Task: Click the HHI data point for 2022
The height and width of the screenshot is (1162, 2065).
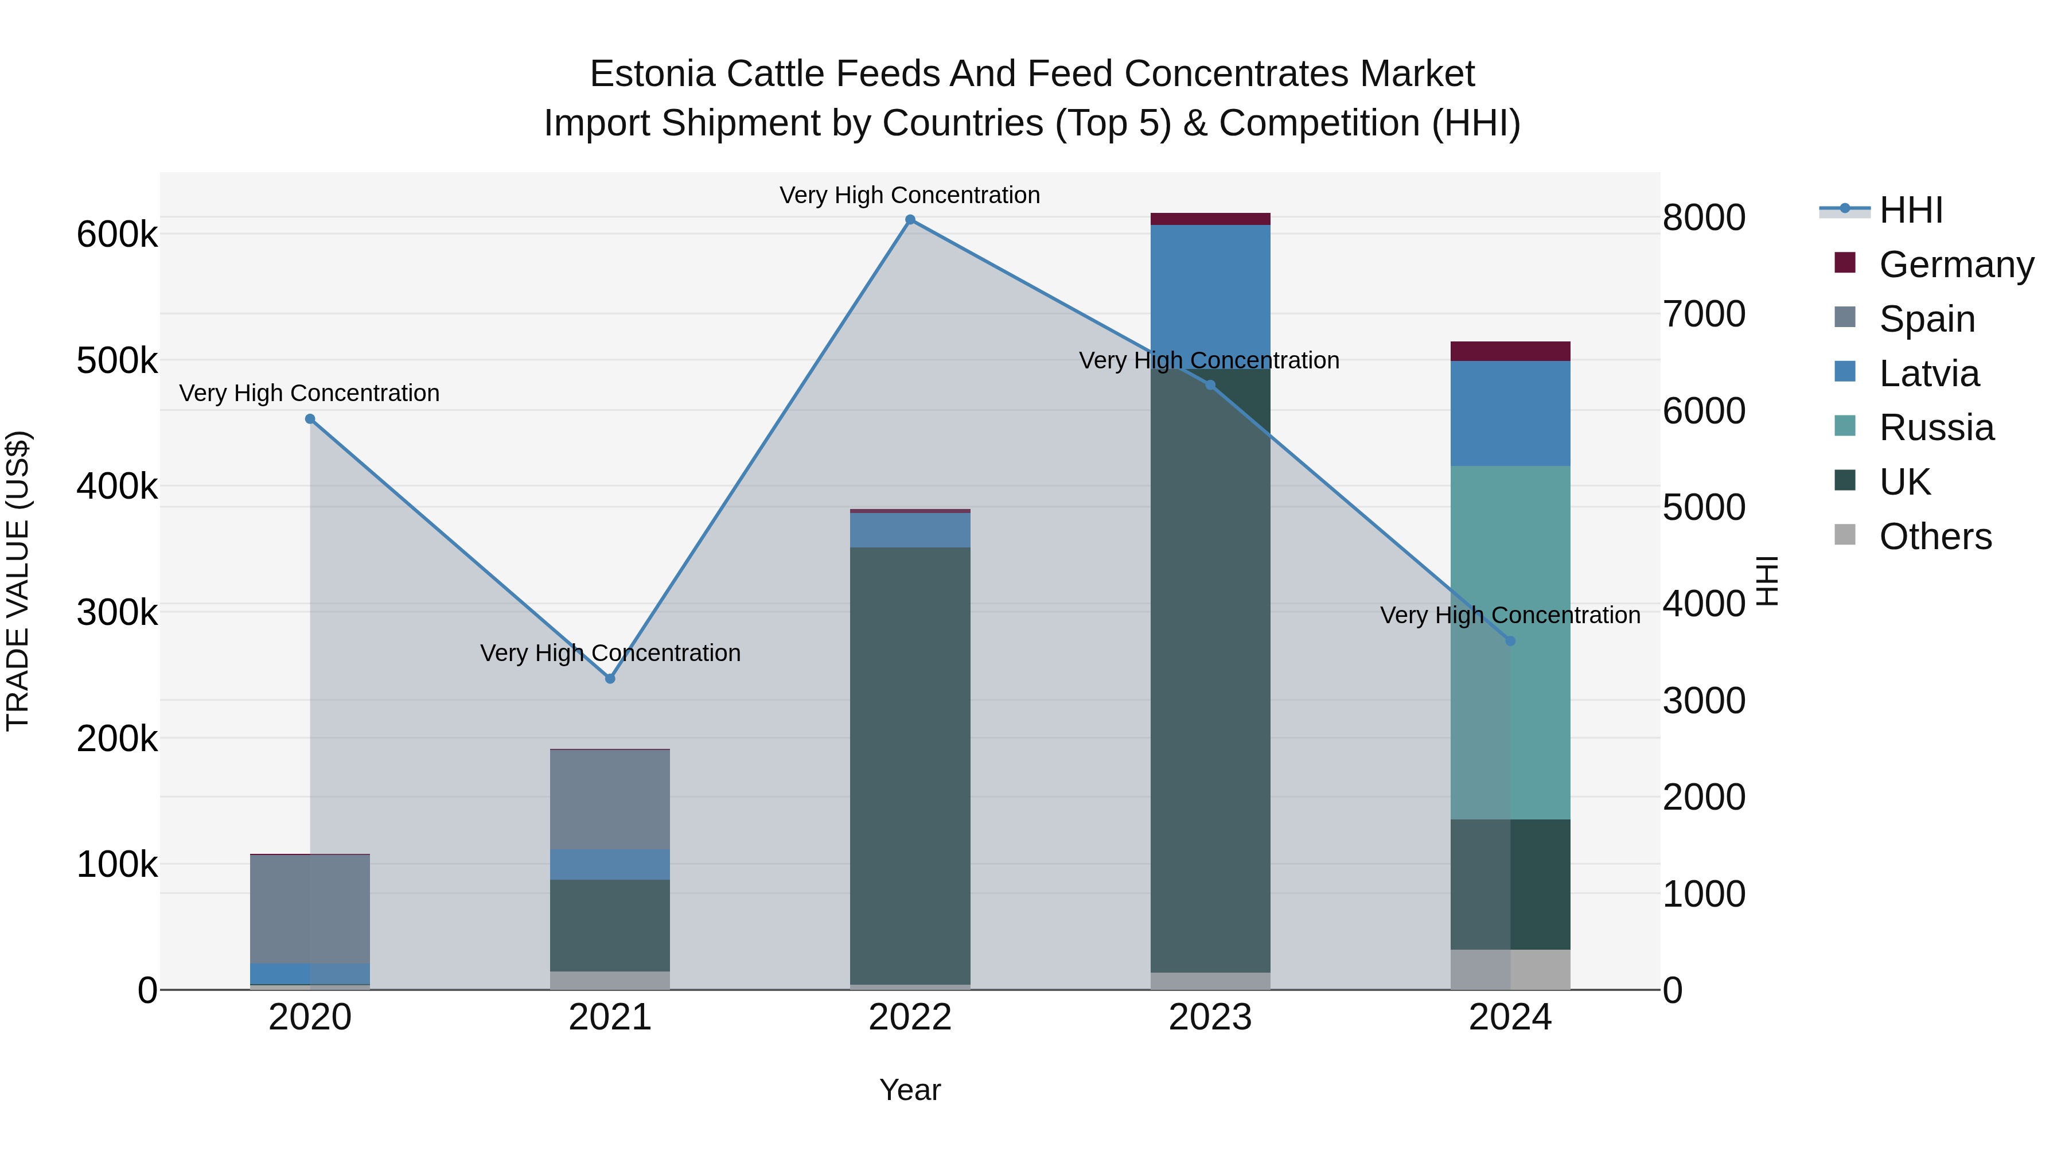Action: click(x=910, y=220)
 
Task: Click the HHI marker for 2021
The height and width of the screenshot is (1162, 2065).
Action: click(x=610, y=678)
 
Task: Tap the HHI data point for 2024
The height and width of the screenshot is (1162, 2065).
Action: click(x=1510, y=641)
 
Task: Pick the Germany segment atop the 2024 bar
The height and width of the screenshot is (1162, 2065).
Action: click(x=1510, y=351)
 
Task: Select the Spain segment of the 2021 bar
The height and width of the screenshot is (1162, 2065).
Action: click(x=610, y=799)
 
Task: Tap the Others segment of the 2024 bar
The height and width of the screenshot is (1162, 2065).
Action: click(x=1510, y=970)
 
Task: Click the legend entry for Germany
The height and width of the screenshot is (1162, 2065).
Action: click(x=1956, y=265)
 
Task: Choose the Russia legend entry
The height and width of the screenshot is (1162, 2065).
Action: click(x=1936, y=428)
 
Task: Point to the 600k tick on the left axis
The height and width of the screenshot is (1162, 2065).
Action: click(x=117, y=235)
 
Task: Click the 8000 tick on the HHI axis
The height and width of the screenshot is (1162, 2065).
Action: click(x=1704, y=217)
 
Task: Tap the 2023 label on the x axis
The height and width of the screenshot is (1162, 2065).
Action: click(x=1210, y=1017)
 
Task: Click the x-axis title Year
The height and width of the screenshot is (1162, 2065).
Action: click(x=910, y=1090)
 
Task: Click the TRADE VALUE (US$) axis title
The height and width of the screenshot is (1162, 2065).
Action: click(x=18, y=581)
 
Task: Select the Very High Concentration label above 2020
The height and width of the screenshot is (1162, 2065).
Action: click(x=309, y=393)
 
